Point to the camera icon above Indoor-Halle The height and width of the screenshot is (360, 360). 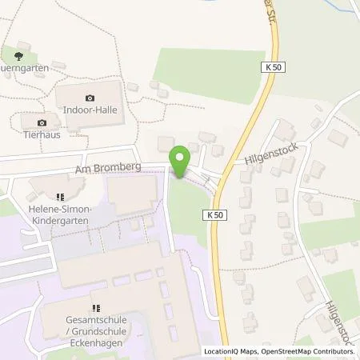90,98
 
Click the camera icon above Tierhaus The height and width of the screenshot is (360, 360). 42,122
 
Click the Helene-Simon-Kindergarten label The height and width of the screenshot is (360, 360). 61,214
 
